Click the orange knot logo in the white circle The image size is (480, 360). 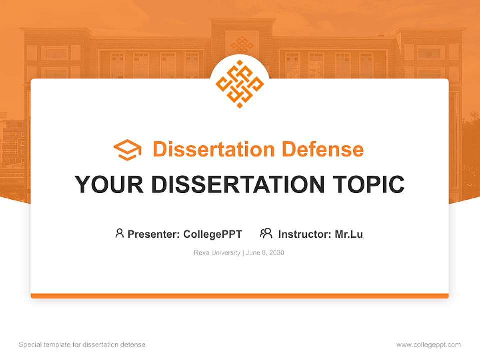point(240,84)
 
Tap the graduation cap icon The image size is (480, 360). point(127,150)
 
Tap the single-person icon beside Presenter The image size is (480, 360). point(119,233)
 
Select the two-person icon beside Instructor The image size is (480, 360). point(266,233)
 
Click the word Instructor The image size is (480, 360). point(304,234)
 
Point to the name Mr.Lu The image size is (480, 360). point(349,234)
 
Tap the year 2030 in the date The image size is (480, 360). point(276,253)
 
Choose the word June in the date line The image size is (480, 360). point(253,253)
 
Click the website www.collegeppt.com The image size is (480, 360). point(428,345)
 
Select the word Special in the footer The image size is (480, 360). point(30,345)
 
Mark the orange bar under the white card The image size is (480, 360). point(240,296)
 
